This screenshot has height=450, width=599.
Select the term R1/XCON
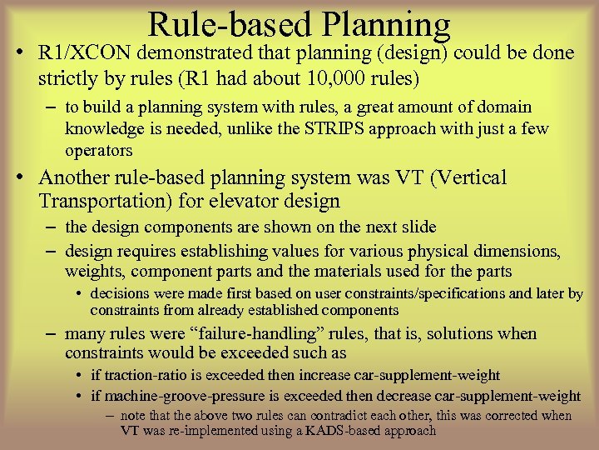[x=87, y=53]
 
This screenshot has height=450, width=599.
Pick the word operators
[x=98, y=151]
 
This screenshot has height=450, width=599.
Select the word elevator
[x=251, y=202]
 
